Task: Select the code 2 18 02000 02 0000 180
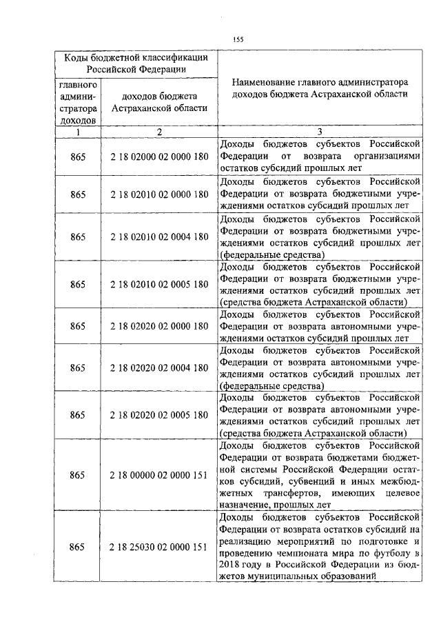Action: pos(158,157)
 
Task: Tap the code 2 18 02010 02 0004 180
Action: pos(158,236)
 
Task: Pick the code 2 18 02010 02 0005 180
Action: pos(158,284)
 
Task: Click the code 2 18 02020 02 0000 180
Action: pos(158,325)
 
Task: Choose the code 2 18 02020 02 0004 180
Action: pos(158,368)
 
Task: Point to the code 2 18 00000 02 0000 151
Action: pos(158,475)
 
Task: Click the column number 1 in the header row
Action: pos(78,132)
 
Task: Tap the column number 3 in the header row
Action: pos(319,132)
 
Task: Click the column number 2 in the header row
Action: pos(158,132)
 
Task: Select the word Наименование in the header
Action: pos(261,82)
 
